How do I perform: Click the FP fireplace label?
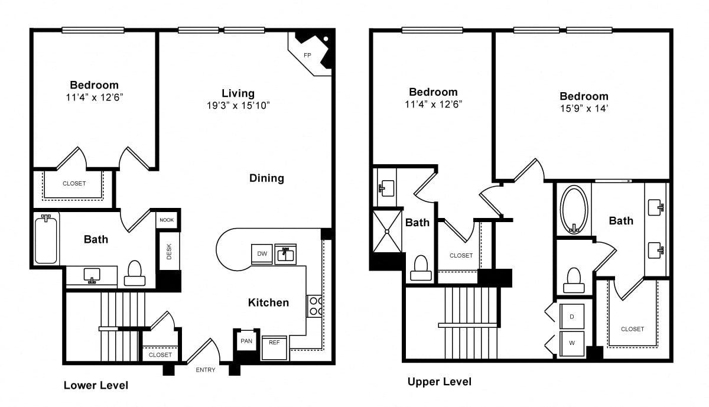(307, 55)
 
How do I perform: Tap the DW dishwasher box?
(262, 254)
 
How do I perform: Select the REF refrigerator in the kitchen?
(274, 348)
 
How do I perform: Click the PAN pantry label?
(246, 341)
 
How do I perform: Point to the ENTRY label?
(206, 370)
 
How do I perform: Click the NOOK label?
(167, 220)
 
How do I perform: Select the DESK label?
(169, 252)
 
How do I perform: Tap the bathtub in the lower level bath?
(46, 239)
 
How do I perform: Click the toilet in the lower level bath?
(135, 273)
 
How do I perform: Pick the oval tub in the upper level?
(574, 210)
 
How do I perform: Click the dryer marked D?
(572, 317)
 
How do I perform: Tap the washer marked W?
(572, 343)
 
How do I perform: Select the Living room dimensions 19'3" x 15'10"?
(238, 105)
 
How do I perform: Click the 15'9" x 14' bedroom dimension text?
(584, 109)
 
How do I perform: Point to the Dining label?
(266, 178)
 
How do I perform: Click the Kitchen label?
(268, 302)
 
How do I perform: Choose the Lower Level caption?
(96, 385)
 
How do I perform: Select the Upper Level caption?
(440, 382)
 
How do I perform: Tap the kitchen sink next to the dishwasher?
(285, 254)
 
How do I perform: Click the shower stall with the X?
(387, 232)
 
